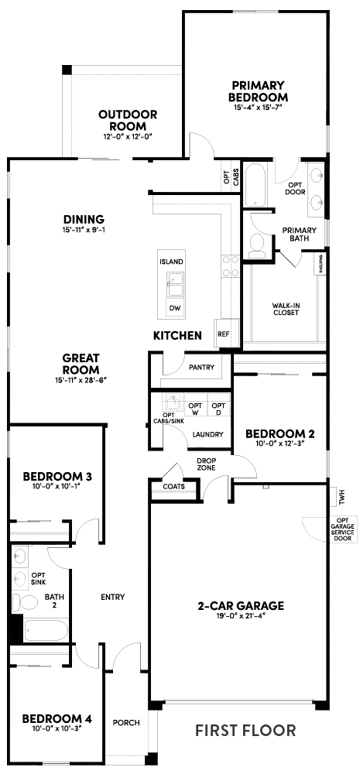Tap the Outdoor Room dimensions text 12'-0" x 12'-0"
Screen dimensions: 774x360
[128, 136]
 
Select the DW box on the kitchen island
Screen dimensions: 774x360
[175, 308]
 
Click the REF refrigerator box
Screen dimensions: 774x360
[224, 334]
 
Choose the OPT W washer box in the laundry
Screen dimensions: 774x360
[195, 408]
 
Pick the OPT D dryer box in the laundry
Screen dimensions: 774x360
[218, 408]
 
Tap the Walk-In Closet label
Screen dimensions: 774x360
[286, 309]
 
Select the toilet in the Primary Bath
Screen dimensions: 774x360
[256, 246]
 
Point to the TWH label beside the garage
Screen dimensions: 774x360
[338, 494]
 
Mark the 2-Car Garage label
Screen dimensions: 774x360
[241, 605]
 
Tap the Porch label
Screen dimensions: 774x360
[125, 723]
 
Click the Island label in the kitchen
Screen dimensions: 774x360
[171, 262]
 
